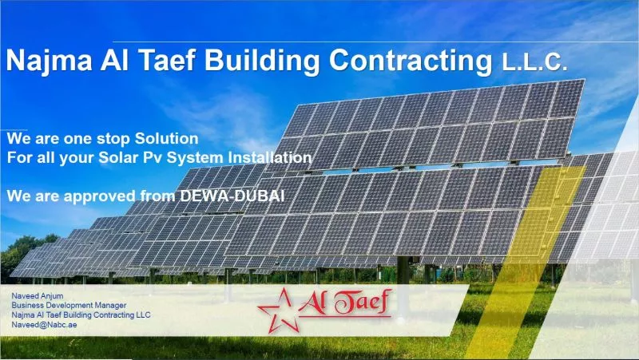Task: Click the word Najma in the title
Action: coord(49,61)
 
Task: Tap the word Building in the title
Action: coord(262,61)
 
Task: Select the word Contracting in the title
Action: coord(411,61)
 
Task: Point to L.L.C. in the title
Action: coord(534,63)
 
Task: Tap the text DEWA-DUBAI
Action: coord(232,196)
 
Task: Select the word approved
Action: coord(100,197)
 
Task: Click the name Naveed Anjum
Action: coord(38,295)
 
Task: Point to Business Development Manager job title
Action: coord(69,306)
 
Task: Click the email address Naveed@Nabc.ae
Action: coord(44,325)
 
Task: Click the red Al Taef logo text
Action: coord(345,303)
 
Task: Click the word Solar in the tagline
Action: coord(118,157)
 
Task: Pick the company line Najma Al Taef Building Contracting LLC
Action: coord(81,315)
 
